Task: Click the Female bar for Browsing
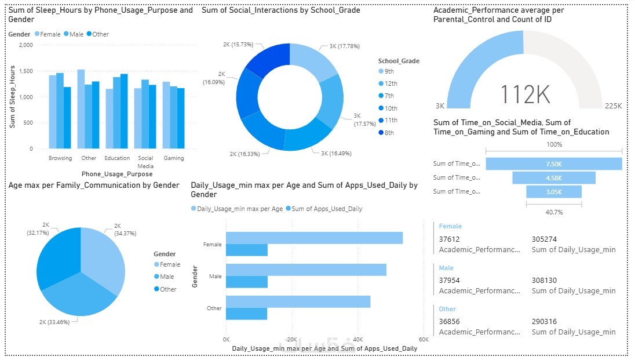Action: tap(53, 112)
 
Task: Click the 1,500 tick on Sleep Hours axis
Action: tap(25, 71)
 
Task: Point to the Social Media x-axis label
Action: tap(145, 161)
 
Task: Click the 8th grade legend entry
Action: tap(389, 133)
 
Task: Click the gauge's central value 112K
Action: tap(524, 93)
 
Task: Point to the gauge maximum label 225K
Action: tap(613, 106)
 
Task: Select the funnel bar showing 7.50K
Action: tap(554, 164)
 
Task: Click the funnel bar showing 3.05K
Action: tap(554, 192)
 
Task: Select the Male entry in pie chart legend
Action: tap(167, 277)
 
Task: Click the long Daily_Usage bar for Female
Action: tap(314, 238)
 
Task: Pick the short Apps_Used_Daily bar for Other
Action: tap(247, 314)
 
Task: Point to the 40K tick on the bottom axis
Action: tap(357, 339)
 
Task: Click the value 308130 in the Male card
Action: tap(544, 280)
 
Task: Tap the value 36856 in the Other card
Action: tap(450, 321)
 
